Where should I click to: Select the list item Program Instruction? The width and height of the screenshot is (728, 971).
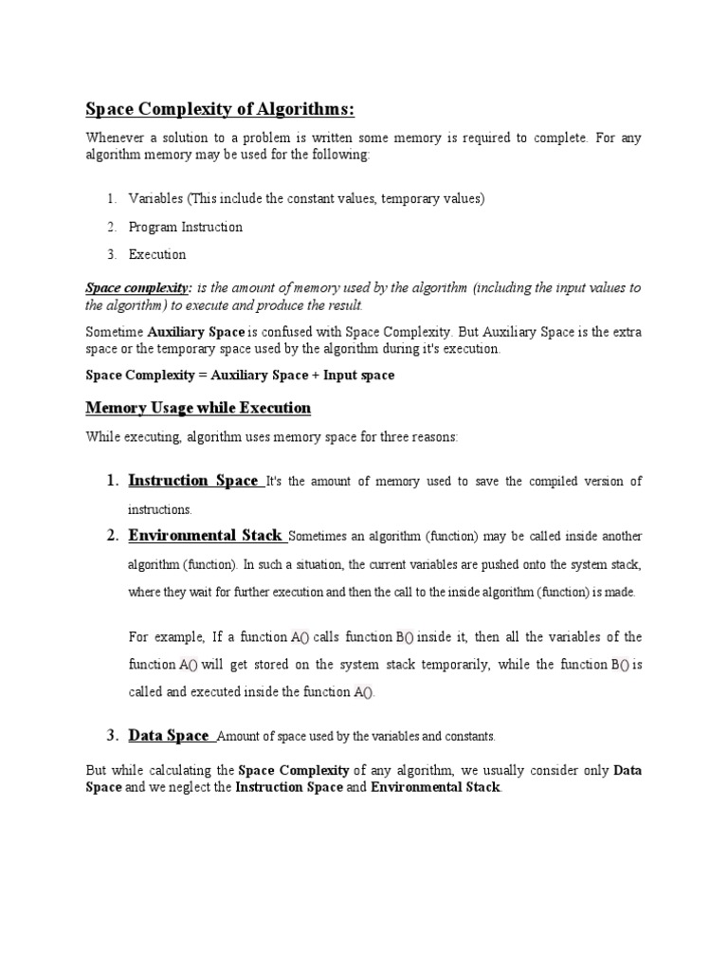click(185, 227)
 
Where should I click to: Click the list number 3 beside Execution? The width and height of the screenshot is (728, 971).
click(111, 254)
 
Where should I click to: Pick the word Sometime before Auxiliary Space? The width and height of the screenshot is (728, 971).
click(114, 333)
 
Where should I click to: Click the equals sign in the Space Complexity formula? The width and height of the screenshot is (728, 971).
click(201, 375)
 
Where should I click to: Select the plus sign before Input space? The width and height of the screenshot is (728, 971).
click(315, 375)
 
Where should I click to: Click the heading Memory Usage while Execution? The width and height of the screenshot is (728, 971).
click(198, 408)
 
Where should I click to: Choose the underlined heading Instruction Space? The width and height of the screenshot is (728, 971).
click(192, 481)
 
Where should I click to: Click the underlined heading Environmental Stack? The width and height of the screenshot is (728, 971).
click(205, 536)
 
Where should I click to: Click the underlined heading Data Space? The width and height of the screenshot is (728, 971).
click(168, 735)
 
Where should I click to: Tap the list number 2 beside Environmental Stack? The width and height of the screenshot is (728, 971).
click(113, 536)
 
